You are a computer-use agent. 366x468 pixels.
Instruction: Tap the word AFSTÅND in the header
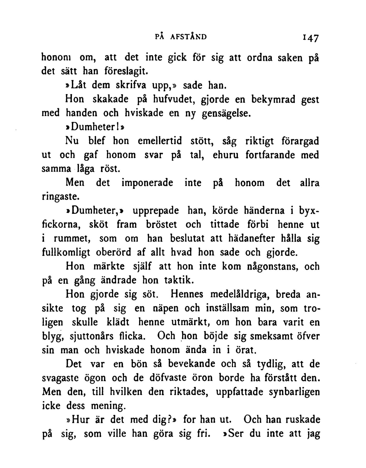pos(188,37)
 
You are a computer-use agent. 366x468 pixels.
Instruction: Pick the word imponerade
pos(147,183)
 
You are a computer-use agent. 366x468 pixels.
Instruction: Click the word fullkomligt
pos(66,252)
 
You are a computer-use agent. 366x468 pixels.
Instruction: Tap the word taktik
pos(179,280)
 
